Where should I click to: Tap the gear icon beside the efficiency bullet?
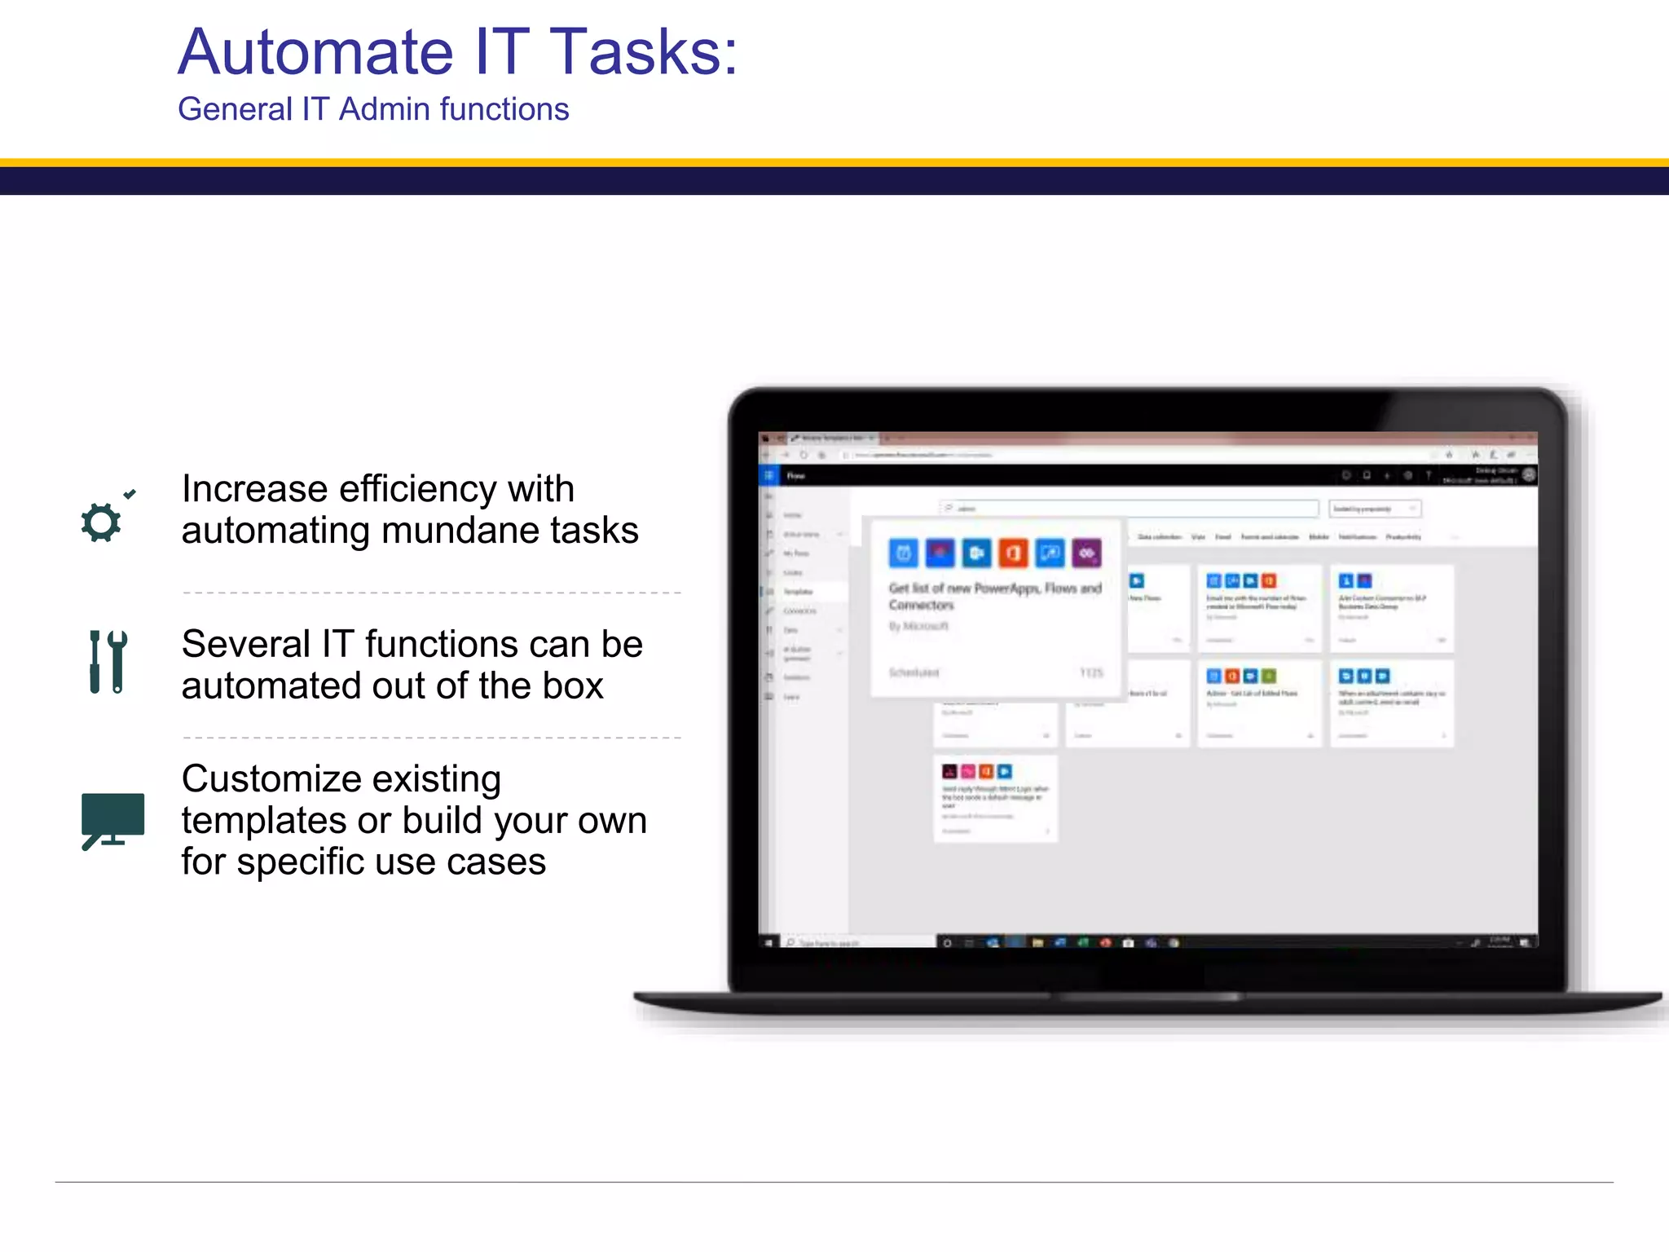pyautogui.click(x=102, y=522)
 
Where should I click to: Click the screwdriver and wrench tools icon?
pyautogui.click(x=108, y=662)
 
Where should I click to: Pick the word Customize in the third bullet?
pyautogui.click(x=341, y=779)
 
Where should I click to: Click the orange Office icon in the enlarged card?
pyautogui.click(x=1013, y=553)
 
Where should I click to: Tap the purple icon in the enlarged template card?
pyautogui.click(x=1086, y=553)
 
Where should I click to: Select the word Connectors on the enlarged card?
pyautogui.click(x=921, y=606)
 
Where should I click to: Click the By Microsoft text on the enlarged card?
pyautogui.click(x=918, y=626)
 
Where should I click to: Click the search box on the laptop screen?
pyautogui.click(x=1129, y=509)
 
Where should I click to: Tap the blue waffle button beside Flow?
pyautogui.click(x=768, y=475)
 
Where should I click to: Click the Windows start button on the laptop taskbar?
pyautogui.click(x=768, y=943)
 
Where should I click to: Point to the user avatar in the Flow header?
pyautogui.click(x=1529, y=474)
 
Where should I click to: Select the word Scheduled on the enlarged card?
pyautogui.click(x=914, y=672)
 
